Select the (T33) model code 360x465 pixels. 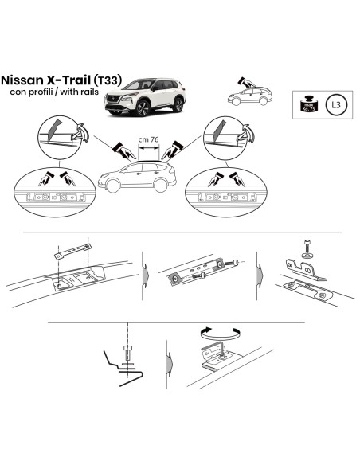click(108, 81)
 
